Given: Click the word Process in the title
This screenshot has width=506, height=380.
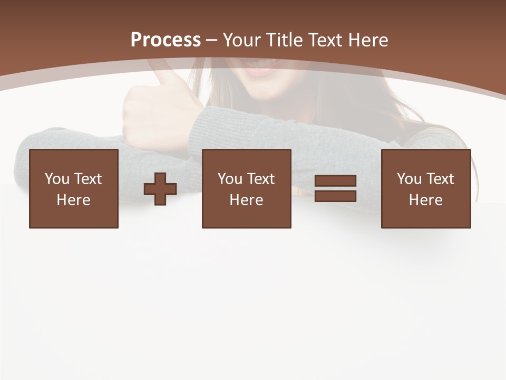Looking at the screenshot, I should click(166, 40).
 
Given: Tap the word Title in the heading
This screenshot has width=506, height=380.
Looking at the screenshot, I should click(285, 40).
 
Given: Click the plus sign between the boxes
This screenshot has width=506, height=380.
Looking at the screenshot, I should click(160, 189).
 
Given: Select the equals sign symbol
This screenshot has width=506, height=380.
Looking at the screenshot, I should click(336, 188).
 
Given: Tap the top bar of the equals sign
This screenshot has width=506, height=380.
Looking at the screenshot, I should click(336, 181).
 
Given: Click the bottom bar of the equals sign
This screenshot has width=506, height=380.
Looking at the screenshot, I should click(336, 196).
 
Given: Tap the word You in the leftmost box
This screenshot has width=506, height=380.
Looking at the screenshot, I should click(56, 179).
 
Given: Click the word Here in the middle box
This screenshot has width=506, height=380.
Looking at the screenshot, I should click(247, 200).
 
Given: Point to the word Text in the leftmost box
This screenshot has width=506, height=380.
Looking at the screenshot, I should click(88, 179).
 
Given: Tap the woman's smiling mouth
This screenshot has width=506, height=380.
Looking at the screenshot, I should click(262, 69).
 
